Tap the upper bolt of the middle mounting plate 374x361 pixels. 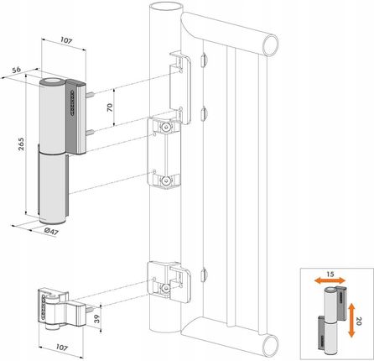coord(168,127)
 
